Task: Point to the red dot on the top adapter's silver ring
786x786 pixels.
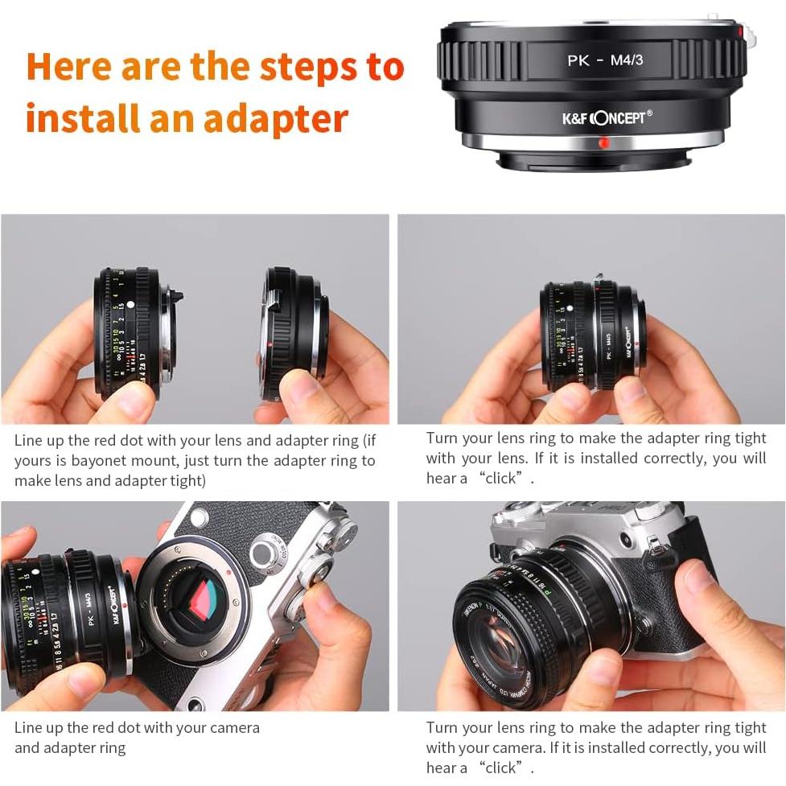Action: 603,143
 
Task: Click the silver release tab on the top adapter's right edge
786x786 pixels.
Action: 747,33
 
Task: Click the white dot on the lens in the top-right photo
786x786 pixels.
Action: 569,307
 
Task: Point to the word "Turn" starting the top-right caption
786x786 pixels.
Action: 442,438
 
